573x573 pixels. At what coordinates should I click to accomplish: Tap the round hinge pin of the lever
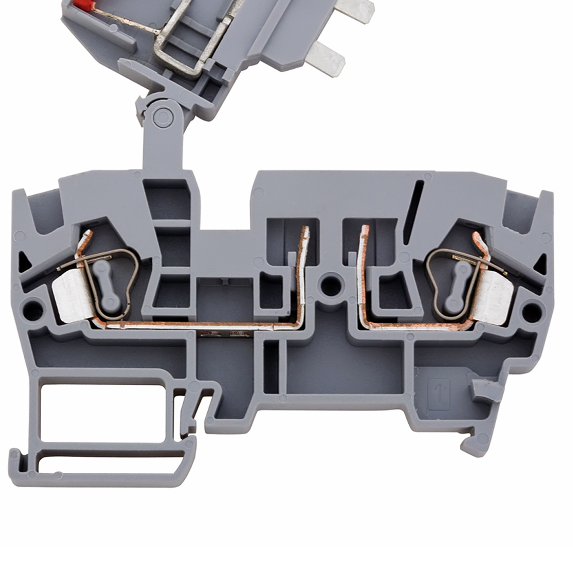click(x=163, y=116)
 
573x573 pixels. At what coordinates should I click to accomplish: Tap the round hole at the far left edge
click(x=32, y=311)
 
